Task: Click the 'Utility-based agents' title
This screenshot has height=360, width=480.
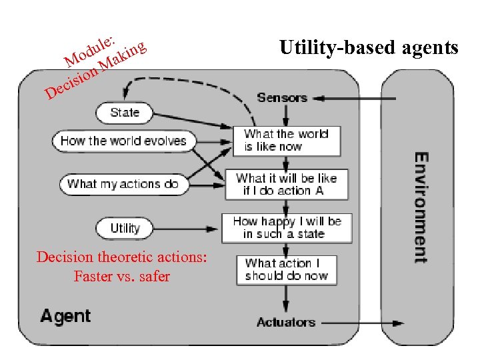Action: point(369,48)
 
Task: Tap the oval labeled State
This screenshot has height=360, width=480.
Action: point(124,113)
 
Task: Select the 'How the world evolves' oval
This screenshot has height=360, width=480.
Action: point(124,141)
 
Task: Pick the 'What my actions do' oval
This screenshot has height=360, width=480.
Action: point(124,184)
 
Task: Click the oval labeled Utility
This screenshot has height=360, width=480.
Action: point(124,229)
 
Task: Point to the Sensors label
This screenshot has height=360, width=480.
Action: point(282,97)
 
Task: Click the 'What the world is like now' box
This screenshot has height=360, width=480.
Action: point(287,141)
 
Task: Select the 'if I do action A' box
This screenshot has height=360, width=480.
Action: point(287,184)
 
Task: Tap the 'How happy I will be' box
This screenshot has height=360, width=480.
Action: point(287,228)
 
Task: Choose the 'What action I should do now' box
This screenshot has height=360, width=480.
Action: point(287,270)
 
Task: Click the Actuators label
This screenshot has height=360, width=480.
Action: point(286,322)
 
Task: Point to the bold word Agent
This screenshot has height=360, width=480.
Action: point(65,316)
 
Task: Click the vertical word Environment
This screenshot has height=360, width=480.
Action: point(421,207)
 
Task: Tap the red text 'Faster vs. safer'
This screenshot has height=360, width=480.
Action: point(122,276)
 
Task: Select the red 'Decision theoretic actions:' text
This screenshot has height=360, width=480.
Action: point(122,257)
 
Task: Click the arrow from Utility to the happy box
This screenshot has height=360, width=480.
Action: point(185,229)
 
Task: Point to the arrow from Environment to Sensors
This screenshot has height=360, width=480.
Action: point(354,99)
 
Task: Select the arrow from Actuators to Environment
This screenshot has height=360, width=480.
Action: point(363,323)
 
